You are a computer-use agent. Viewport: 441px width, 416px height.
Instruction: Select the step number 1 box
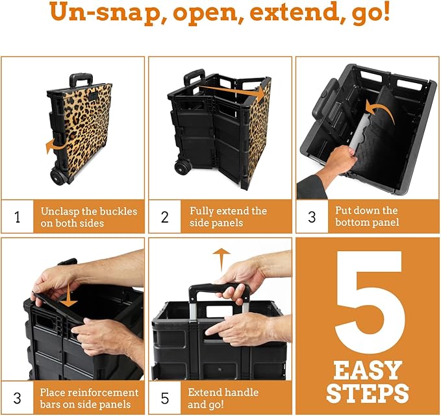(17, 217)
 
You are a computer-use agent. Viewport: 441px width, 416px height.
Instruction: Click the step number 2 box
(165, 217)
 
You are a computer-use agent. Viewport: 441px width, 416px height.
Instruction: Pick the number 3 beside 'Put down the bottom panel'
(312, 217)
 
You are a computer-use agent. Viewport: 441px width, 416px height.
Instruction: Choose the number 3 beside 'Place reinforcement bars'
(17, 398)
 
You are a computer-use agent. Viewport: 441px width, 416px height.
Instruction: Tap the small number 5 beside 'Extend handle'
(165, 398)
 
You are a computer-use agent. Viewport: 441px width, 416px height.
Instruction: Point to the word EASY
(368, 371)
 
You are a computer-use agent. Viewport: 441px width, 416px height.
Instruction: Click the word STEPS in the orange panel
(368, 393)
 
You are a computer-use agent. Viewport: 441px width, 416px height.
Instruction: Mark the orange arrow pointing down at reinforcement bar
(69, 299)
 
